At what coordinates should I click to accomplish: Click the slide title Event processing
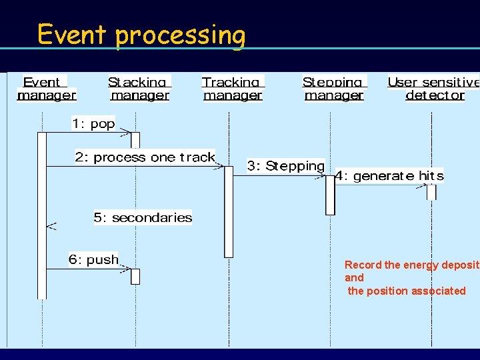coord(141,34)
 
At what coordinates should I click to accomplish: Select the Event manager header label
coord(46,89)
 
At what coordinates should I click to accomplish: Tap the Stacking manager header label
coord(139,89)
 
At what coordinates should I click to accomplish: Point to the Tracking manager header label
coord(233,89)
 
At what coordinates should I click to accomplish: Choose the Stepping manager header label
coord(333,89)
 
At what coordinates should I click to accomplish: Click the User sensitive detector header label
coord(434,89)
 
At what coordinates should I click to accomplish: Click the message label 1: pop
coord(93,123)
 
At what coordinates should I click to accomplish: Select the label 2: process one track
coord(145,157)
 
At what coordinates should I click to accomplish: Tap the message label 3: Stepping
coord(285,166)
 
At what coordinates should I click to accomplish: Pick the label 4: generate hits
coord(389,176)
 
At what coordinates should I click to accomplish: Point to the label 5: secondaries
coord(143,217)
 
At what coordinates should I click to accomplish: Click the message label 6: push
coord(93,259)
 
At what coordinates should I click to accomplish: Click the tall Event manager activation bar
coord(42,213)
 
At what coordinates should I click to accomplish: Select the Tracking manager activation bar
coord(229,211)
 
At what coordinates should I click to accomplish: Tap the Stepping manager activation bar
coord(330,195)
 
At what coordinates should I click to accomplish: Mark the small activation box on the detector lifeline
coord(431,192)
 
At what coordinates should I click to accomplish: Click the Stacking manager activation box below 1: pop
coord(135,139)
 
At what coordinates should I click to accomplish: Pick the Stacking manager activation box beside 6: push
coord(135,276)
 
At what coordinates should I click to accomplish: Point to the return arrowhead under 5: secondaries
coord(51,227)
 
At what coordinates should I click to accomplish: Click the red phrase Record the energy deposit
coord(411,265)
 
